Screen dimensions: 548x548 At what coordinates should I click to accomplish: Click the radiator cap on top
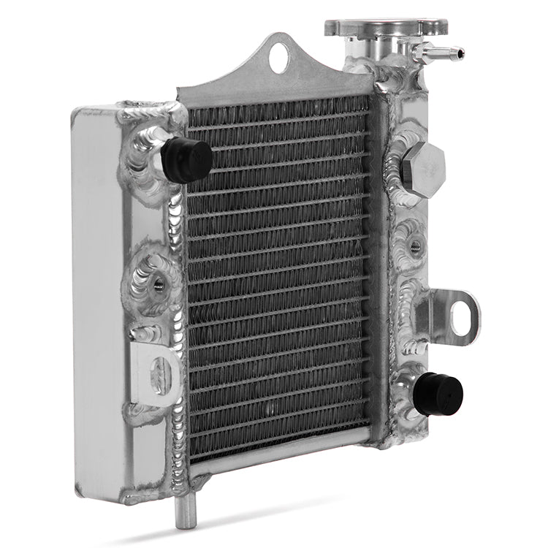[386, 27]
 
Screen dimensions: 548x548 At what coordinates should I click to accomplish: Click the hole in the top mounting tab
[279, 57]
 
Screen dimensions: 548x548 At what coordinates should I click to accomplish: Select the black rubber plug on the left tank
[187, 159]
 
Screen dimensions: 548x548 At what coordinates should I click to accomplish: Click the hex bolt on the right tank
[422, 167]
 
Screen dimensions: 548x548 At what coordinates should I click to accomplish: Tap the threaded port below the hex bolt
[415, 246]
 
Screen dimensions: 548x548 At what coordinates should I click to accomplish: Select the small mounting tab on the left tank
[155, 373]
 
